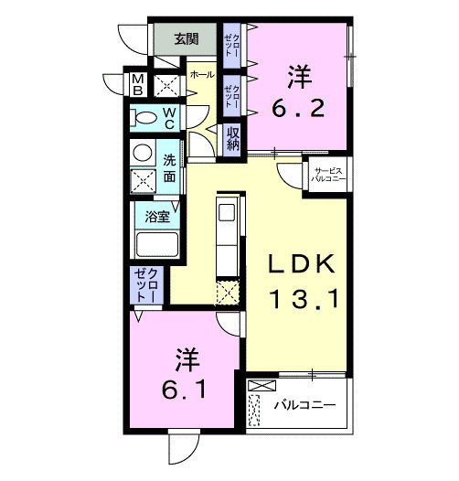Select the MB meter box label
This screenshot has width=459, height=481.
pos(136,85)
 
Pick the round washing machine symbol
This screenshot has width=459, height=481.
pos(142,153)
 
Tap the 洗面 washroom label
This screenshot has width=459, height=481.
pos(169,167)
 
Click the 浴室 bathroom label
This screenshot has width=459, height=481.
pos(157,217)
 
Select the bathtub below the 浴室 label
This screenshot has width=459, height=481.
pos(156,246)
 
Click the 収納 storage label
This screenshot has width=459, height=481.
pos(234,138)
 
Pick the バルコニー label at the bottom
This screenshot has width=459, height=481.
pos(306,403)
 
